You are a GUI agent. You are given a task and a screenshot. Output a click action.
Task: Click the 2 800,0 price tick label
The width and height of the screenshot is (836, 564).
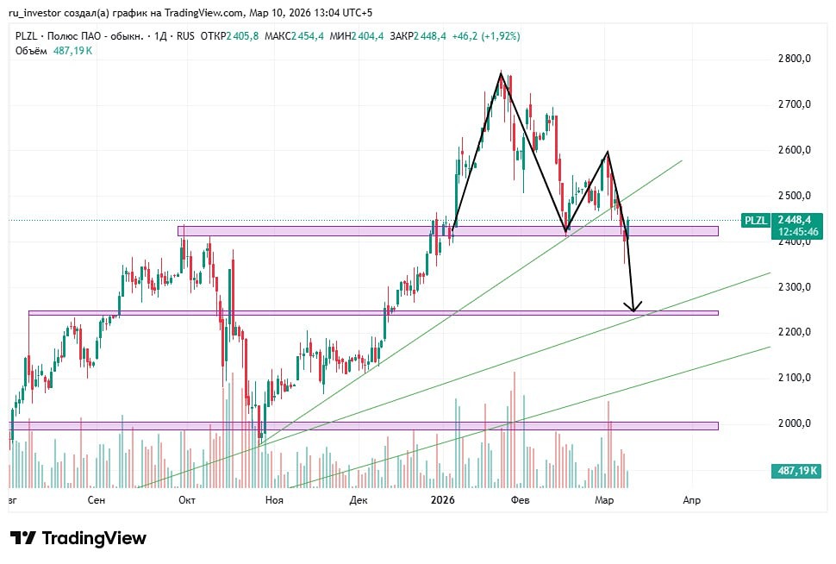tap(794, 59)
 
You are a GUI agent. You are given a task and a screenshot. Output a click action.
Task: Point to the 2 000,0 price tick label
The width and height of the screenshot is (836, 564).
tap(794, 423)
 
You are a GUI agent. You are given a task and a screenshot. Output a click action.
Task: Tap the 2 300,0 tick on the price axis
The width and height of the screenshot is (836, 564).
tap(794, 286)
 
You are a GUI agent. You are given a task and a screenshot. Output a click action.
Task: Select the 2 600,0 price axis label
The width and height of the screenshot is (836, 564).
tap(794, 150)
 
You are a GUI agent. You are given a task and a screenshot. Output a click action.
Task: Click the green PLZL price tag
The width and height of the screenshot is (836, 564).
tap(755, 220)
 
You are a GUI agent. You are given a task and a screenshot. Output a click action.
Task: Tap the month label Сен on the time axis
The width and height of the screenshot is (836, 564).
tap(97, 499)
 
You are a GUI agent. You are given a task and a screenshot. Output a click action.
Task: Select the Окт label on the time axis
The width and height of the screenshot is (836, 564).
tap(186, 499)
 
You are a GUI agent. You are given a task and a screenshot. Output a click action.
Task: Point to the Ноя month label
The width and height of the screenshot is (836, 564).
tap(274, 499)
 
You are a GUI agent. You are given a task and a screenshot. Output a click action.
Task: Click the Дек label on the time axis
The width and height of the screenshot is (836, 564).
tap(359, 499)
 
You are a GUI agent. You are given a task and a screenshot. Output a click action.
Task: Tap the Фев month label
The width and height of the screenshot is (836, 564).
tap(520, 499)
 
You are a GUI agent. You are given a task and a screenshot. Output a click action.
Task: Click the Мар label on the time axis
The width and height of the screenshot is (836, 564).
tap(604, 499)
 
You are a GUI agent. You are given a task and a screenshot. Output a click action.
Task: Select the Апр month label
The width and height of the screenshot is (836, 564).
tap(690, 499)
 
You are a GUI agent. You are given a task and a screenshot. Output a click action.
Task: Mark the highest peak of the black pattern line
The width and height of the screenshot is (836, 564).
tap(500, 74)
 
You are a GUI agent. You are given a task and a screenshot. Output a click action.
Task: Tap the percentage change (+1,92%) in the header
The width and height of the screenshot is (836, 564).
tap(495, 36)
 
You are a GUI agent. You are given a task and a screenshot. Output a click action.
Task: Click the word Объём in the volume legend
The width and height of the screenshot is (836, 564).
tap(31, 51)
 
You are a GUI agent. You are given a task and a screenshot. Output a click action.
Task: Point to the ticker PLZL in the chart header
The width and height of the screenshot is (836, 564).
tap(27, 36)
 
